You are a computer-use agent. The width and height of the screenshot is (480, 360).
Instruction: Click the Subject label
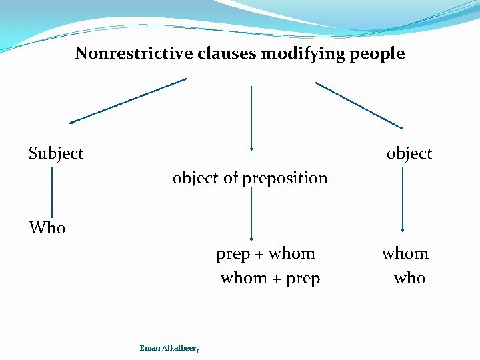click(56, 153)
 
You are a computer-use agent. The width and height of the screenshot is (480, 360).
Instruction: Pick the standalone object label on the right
click(409, 153)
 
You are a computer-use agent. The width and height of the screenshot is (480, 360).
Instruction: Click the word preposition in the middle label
click(285, 179)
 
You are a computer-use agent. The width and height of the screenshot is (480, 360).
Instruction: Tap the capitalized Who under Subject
click(47, 228)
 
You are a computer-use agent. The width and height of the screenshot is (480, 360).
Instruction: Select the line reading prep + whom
click(265, 253)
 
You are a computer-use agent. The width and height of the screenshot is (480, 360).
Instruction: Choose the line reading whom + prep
click(270, 278)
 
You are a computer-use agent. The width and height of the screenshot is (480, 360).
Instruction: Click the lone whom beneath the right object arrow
click(405, 253)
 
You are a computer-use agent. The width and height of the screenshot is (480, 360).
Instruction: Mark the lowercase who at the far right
click(409, 278)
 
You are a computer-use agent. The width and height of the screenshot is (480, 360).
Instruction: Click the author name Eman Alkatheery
click(169, 348)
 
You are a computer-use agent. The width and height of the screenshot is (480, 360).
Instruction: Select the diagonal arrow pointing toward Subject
click(128, 101)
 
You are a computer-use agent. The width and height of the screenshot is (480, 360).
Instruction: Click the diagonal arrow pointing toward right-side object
click(359, 105)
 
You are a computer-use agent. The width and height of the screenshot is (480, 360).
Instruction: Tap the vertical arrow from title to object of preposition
click(251, 117)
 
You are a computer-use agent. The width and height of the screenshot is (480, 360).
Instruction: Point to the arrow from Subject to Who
click(52, 190)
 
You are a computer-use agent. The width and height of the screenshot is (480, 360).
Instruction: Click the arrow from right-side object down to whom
click(403, 199)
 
